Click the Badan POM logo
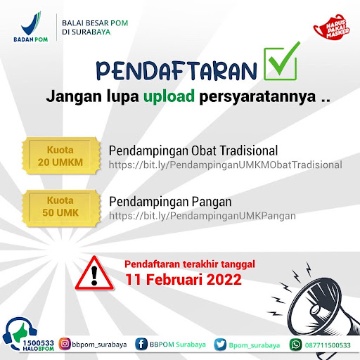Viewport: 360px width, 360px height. pyautogui.click(x=31, y=27)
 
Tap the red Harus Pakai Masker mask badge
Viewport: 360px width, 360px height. pyautogui.click(x=331, y=27)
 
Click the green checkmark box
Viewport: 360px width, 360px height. pyautogui.click(x=281, y=61)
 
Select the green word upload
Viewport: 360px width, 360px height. pyautogui.click(x=169, y=96)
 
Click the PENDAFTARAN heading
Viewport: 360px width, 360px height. pyautogui.click(x=176, y=70)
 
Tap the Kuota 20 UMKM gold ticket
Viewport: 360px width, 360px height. pyautogui.click(x=61, y=156)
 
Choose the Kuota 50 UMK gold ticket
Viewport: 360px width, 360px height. pyautogui.click(x=61, y=208)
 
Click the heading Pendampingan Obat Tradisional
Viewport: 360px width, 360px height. pyautogui.click(x=193, y=150)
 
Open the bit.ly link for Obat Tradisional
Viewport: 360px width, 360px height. pyautogui.click(x=225, y=165)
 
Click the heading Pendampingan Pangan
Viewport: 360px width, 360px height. pyautogui.click(x=170, y=202)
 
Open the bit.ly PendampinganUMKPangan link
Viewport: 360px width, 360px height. pyautogui.click(x=202, y=216)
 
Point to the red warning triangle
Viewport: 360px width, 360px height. pyautogui.click(x=94, y=274)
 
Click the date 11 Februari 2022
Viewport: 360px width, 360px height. pyautogui.click(x=184, y=279)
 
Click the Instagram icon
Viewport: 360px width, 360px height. pyautogui.click(x=65, y=344)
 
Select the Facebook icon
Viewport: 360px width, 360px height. pyautogui.click(x=141, y=345)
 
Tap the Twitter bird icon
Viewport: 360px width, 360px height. pyautogui.click(x=220, y=345)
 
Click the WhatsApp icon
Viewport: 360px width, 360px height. pyautogui.click(x=295, y=345)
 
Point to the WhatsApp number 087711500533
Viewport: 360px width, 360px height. pyautogui.click(x=328, y=345)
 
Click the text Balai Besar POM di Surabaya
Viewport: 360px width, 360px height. pyautogui.click(x=95, y=27)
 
